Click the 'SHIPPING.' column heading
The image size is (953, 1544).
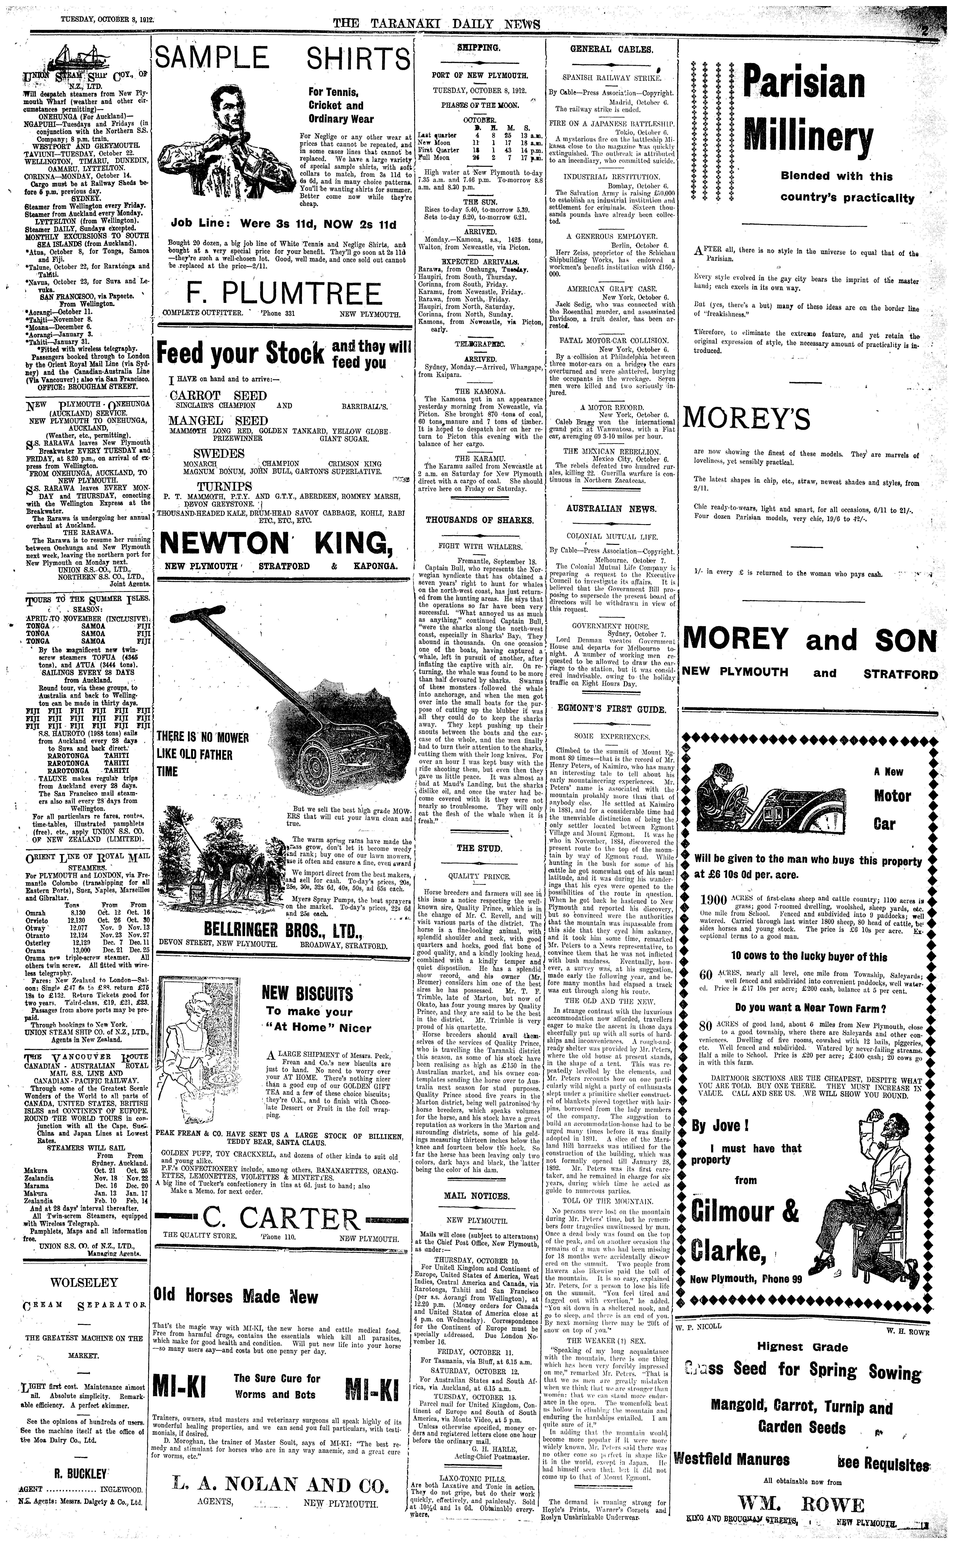click(x=478, y=48)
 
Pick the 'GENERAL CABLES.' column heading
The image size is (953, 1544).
click(x=611, y=49)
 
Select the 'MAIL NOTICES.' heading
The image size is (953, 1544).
click(x=476, y=1196)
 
